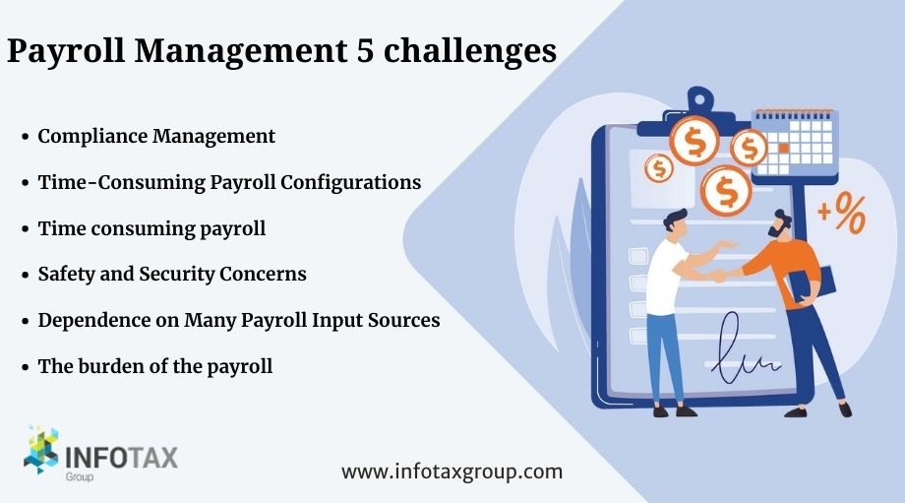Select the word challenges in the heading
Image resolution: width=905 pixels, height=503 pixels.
469,50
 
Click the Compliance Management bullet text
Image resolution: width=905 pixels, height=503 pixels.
156,137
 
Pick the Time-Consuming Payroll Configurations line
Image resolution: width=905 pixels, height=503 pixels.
229,183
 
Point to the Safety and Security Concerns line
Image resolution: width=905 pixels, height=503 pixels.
172,275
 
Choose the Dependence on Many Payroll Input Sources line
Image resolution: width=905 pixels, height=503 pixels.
238,321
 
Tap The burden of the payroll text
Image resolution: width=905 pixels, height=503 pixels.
154,367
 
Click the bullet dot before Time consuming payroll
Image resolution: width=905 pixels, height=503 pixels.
25,229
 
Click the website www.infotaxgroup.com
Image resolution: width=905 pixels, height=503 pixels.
452,472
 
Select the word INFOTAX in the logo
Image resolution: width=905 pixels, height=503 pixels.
121,457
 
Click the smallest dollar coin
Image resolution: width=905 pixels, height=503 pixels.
658,168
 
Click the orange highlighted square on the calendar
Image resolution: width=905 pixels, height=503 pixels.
784,148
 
